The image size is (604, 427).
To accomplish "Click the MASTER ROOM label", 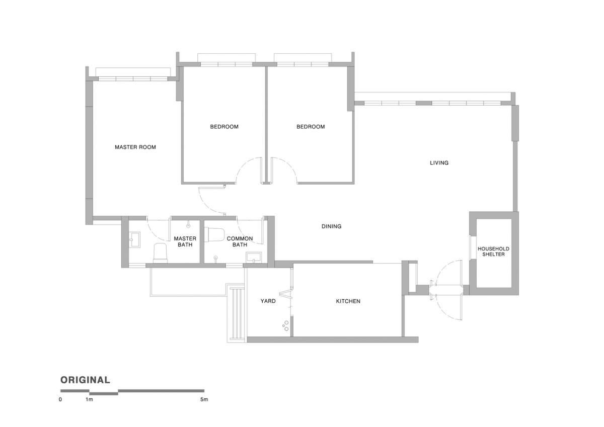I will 135,147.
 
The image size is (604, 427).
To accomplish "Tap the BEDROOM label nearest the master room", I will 224,127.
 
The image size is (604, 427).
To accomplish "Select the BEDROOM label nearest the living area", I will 311,127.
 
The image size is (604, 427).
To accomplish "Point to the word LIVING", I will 439,163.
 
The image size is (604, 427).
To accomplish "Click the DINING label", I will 331,226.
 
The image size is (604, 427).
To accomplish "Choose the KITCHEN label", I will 348,301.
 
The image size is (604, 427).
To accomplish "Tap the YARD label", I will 268,301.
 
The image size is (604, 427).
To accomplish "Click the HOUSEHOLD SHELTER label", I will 493,251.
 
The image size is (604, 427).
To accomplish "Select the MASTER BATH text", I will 184,241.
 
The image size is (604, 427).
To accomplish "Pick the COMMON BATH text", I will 240,241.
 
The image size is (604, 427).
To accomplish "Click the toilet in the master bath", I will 160,252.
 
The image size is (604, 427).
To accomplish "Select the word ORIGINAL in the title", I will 85,380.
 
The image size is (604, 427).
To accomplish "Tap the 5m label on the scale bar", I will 204,400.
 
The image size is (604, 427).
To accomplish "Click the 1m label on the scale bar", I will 90,400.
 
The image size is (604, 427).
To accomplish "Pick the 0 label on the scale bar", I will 60,400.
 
